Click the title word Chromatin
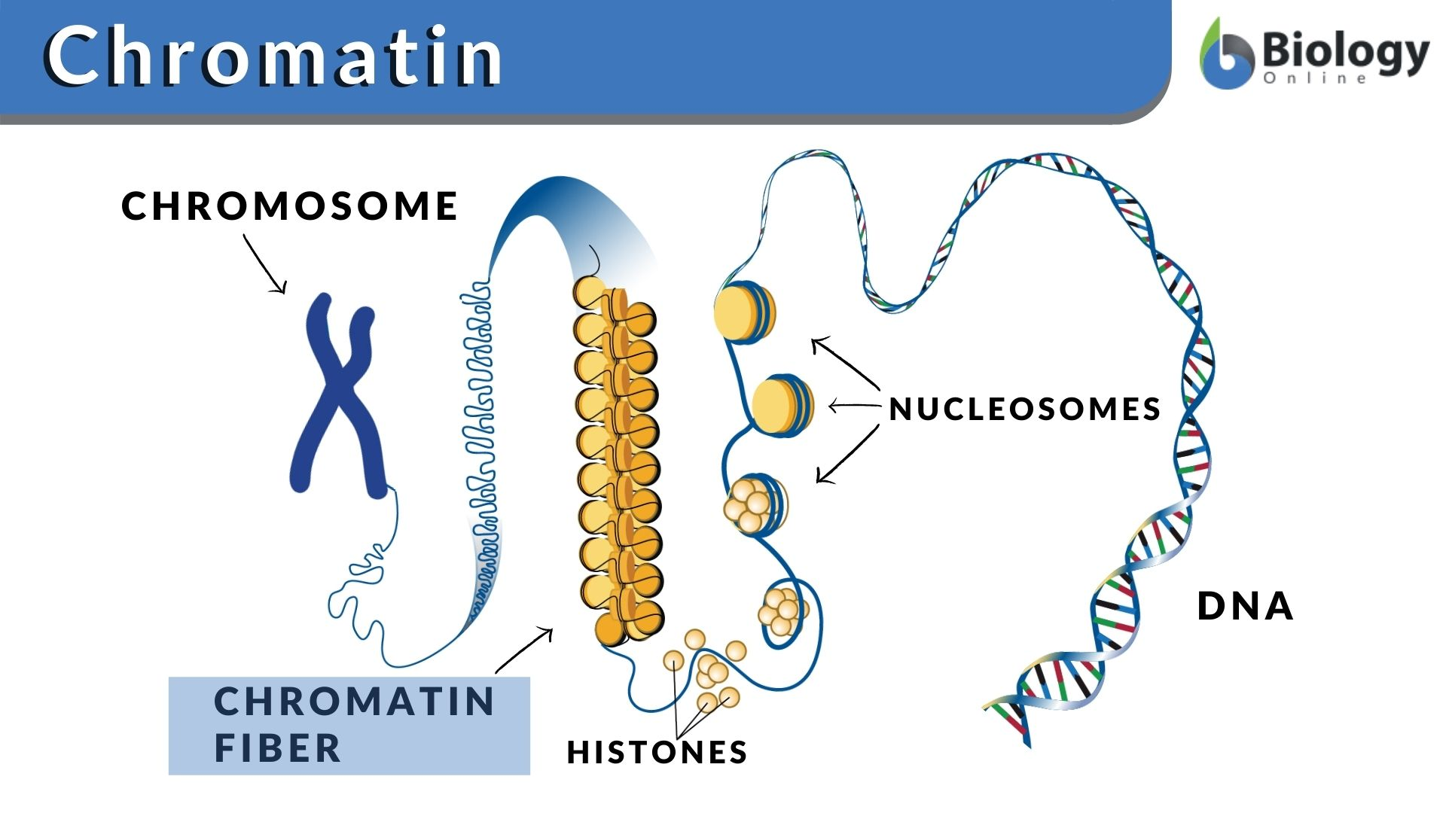pyautogui.click(x=275, y=56)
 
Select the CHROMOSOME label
pyautogui.click(x=290, y=206)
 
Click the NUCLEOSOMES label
pyautogui.click(x=1025, y=410)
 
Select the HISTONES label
pyautogui.click(x=657, y=752)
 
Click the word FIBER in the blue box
pyautogui.click(x=278, y=748)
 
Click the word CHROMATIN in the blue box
pyautogui.click(x=355, y=702)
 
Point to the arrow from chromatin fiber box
pyautogui.click(x=524, y=650)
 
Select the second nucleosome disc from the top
pyautogui.click(x=782, y=405)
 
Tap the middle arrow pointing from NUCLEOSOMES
pyautogui.click(x=854, y=406)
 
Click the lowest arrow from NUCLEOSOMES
pyautogui.click(x=847, y=455)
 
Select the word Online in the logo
pyautogui.click(x=1314, y=78)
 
